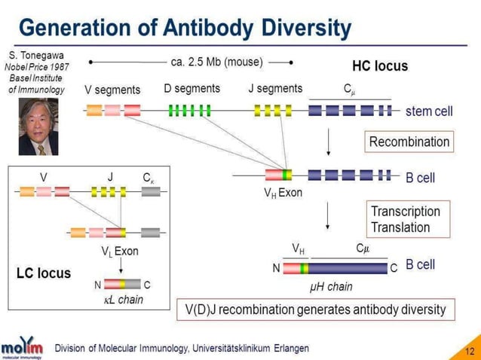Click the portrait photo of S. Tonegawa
[x=38, y=127]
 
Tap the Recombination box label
[x=409, y=142]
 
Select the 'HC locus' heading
[x=380, y=66]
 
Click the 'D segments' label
[x=191, y=89]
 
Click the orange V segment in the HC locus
[x=94, y=111]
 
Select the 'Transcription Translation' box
[x=405, y=219]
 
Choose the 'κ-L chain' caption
[x=123, y=300]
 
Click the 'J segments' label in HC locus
[x=275, y=89]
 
